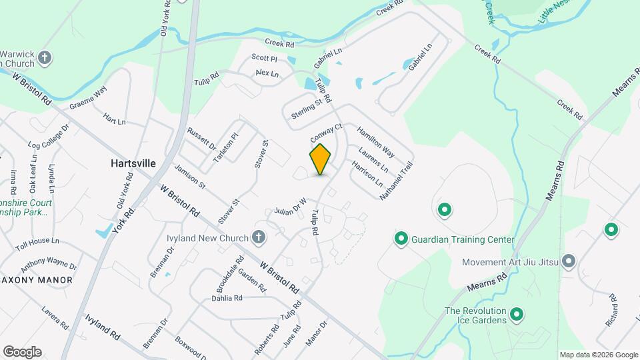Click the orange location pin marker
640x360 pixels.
[x=321, y=159]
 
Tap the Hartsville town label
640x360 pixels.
[x=133, y=163]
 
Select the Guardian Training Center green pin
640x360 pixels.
[x=401, y=239]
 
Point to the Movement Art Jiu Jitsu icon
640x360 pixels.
[x=568, y=261]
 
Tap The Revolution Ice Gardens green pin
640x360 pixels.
[x=517, y=314]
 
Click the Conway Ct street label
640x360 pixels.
[x=326, y=132]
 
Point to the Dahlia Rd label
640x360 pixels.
[x=227, y=298]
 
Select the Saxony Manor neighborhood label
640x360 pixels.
[x=37, y=280]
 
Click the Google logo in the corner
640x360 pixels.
[x=22, y=351]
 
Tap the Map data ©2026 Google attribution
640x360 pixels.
[x=598, y=355]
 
